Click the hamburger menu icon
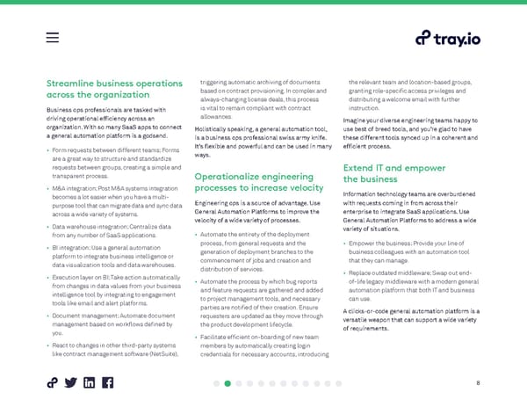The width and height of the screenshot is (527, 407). [x=51, y=38]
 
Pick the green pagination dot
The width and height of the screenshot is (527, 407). [x=227, y=383]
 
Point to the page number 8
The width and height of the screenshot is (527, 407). [x=478, y=383]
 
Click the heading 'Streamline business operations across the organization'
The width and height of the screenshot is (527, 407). [x=100, y=90]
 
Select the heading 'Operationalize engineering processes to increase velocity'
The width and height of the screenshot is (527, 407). [x=247, y=184]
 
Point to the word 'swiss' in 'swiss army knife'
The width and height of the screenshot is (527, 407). [x=268, y=137]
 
